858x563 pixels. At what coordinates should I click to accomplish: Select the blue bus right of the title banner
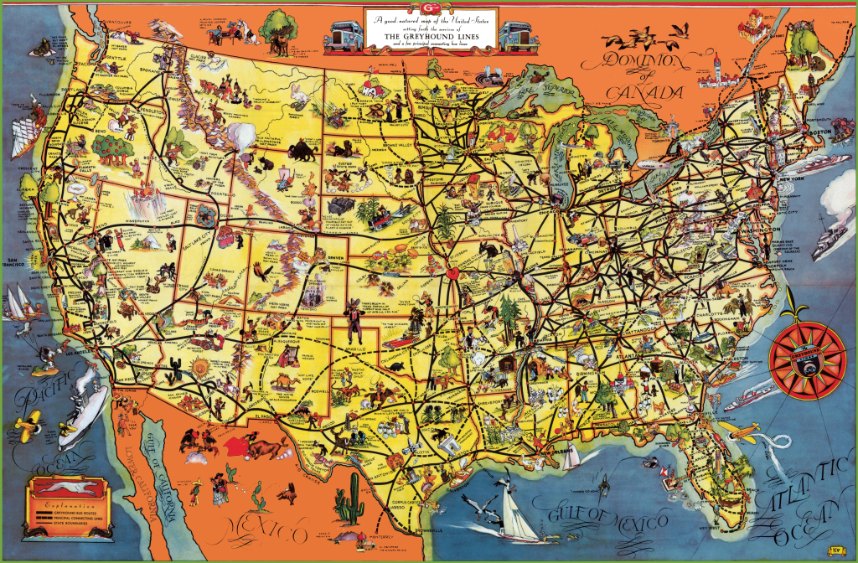pyautogui.click(x=516, y=36)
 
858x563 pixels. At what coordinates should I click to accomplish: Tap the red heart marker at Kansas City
pyautogui.click(x=453, y=272)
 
